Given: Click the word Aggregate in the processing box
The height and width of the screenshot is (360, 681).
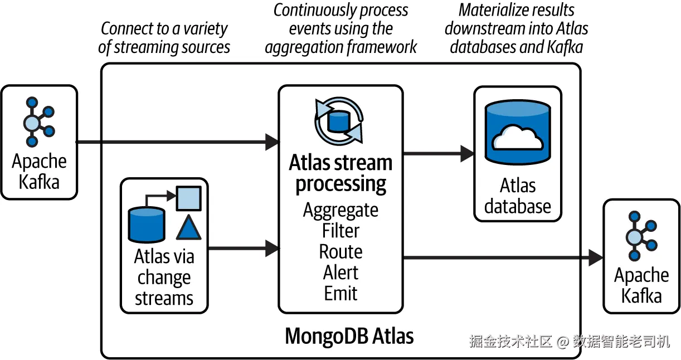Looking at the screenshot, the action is [x=340, y=211].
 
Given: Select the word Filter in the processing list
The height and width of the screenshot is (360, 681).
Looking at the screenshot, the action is [x=340, y=231].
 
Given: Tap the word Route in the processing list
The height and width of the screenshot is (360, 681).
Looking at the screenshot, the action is [x=340, y=252].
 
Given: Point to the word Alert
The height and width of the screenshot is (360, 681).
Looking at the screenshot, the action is [x=340, y=272].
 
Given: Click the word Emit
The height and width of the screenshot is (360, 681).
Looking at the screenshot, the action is [x=340, y=293].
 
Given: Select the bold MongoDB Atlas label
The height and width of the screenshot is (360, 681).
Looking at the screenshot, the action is [x=349, y=336].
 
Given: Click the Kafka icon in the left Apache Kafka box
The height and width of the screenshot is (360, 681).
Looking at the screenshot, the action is [x=39, y=122].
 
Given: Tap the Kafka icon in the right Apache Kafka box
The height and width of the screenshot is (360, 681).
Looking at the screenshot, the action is [x=641, y=236].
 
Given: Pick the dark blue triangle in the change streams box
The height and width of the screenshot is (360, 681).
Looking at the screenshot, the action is [x=188, y=227].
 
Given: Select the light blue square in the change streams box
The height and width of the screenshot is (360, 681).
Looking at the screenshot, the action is [x=189, y=198].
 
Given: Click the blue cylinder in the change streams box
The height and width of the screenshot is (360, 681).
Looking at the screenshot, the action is [x=147, y=225].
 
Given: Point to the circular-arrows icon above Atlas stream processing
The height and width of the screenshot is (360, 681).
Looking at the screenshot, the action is [x=339, y=121].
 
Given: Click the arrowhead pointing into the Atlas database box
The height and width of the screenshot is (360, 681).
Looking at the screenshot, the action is [x=467, y=154].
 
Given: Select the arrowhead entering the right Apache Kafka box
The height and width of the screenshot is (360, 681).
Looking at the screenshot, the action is [x=596, y=258].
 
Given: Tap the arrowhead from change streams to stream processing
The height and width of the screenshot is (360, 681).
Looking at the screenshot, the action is [x=272, y=248].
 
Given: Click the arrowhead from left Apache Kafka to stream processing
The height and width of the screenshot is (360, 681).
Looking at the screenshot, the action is [x=272, y=142].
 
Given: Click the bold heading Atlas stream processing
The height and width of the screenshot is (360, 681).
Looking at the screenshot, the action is [x=340, y=173].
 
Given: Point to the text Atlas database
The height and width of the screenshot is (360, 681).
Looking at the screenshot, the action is [x=518, y=196].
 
